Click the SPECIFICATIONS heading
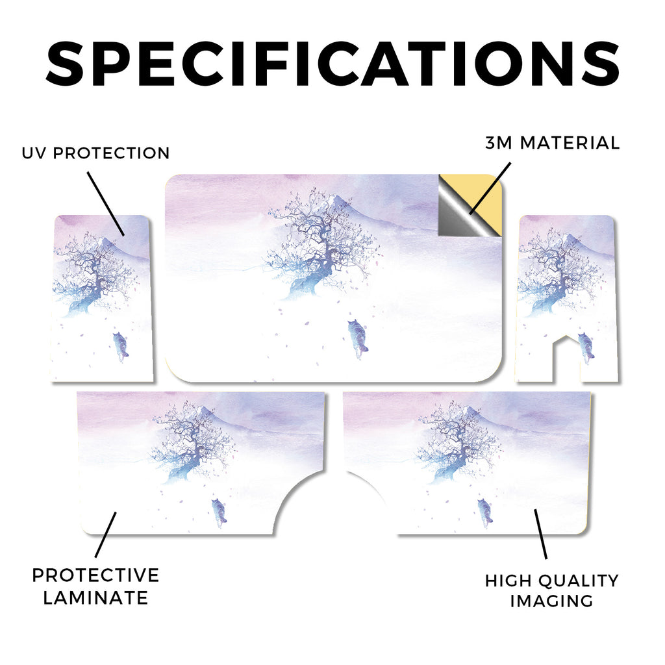click(332, 64)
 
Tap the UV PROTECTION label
click(96, 153)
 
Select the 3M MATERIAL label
click(553, 143)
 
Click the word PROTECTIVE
click(96, 575)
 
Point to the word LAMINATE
click(96, 598)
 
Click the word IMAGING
click(552, 601)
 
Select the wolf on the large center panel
click(358, 337)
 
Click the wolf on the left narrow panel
click(121, 346)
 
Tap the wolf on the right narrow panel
click(586, 348)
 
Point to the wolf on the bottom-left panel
click(219, 512)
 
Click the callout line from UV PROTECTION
click(106, 203)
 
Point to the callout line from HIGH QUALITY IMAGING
click(541, 534)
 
